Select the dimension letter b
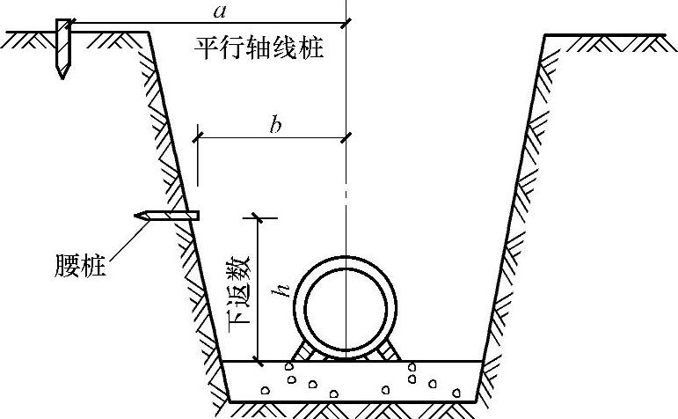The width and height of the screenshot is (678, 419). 275,126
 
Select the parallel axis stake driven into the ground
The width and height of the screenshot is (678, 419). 62,44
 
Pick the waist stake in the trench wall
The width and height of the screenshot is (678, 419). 167,215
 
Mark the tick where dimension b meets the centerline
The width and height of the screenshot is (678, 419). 346,136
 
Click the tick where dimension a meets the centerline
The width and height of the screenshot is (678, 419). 346,21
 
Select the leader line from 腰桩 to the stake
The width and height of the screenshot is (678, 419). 123,238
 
